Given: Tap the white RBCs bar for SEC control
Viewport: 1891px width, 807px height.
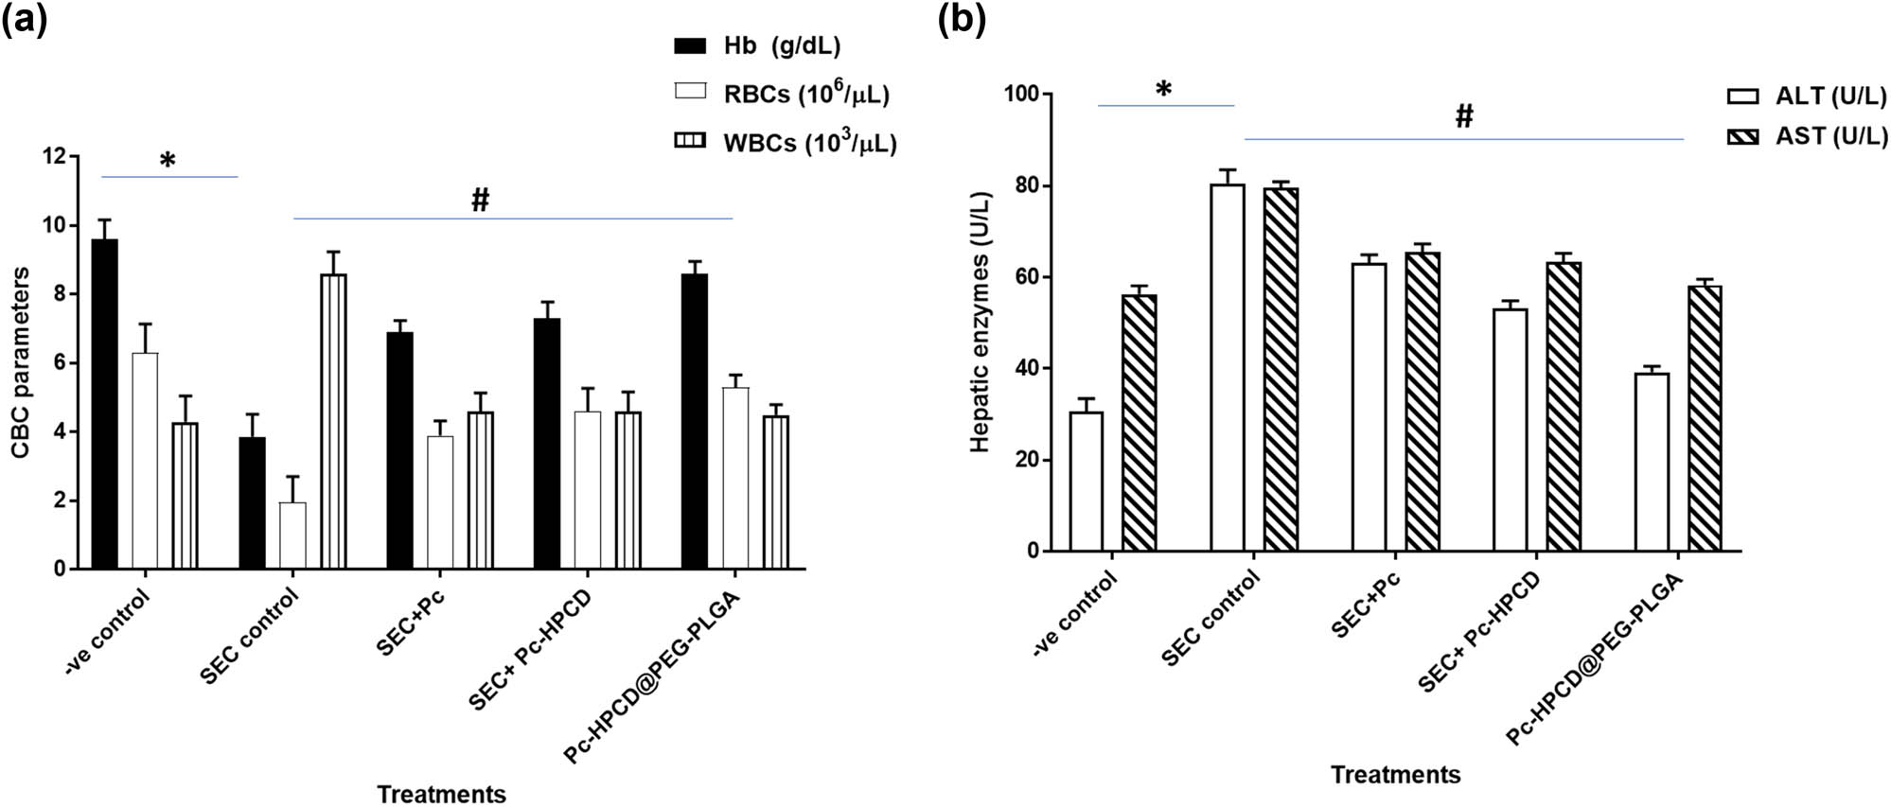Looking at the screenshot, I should pyautogui.click(x=292, y=535).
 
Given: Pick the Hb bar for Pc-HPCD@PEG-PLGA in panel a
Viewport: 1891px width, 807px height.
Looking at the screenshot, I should pyautogui.click(x=694, y=422).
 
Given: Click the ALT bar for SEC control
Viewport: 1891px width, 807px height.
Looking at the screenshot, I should pyautogui.click(x=1228, y=368).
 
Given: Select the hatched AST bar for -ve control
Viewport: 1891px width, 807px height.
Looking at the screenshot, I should pyautogui.click(x=1139, y=423).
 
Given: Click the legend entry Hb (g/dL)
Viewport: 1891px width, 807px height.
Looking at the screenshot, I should pyautogui.click(x=757, y=45).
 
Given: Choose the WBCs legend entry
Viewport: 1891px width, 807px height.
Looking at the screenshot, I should pyautogui.click(x=786, y=143).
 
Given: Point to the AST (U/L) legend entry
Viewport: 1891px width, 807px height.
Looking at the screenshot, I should pyautogui.click(x=1808, y=137).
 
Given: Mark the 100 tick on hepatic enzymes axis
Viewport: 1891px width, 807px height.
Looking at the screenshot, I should pyautogui.click(x=1021, y=95).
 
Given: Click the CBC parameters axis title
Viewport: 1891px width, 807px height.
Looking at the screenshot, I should pyautogui.click(x=21, y=362).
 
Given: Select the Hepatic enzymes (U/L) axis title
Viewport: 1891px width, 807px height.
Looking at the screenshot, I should pyautogui.click(x=981, y=322).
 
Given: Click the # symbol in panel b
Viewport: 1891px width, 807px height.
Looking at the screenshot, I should pyautogui.click(x=1463, y=117).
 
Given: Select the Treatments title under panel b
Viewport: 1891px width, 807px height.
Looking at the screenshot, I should pyautogui.click(x=1395, y=775).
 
